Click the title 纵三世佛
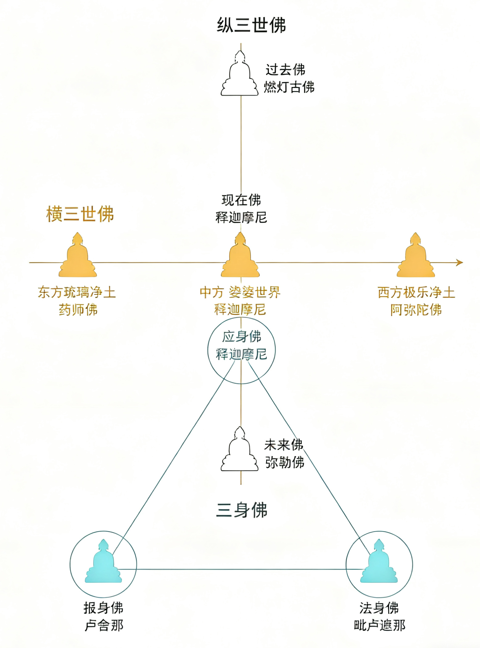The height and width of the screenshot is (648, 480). (251, 25)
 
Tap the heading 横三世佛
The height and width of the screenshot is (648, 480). (80, 214)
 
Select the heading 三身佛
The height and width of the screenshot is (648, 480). (242, 510)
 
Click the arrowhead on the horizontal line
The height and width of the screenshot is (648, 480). (460, 262)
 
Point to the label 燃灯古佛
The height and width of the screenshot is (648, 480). (289, 87)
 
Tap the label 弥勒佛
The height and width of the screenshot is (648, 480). (284, 462)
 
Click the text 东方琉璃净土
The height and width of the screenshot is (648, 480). (77, 292)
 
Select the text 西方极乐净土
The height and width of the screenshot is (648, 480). (416, 292)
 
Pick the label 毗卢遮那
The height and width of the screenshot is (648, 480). (379, 625)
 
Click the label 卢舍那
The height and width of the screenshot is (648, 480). (104, 625)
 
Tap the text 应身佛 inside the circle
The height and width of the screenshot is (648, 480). (242, 336)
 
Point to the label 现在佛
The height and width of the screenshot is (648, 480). (241, 200)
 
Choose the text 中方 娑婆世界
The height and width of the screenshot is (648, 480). (240, 292)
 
